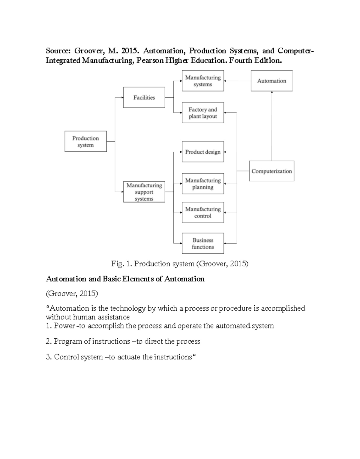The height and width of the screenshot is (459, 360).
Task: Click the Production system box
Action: pos(85,141)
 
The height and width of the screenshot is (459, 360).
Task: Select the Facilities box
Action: pos(144,98)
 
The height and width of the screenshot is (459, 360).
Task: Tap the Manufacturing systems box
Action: pos(203,81)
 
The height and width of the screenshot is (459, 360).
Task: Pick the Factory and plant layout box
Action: pos(203,113)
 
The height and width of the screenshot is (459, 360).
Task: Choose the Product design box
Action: pos(203,152)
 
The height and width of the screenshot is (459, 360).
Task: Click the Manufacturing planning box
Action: pos(203,184)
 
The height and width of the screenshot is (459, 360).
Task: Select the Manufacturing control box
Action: pos(203,213)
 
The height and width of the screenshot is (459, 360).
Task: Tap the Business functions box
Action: pos(203,243)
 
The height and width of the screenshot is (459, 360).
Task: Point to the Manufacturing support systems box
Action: pos(144,192)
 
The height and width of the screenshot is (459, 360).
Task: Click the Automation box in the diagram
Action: pos(271,81)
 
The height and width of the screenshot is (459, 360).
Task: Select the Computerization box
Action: pos(271,171)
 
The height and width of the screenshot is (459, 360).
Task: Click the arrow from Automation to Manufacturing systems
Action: pos(237,81)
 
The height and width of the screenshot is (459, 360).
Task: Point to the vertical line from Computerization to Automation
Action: pos(272,126)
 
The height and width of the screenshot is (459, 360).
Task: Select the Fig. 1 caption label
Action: pos(121,264)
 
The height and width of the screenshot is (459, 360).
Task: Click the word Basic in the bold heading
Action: pos(112,279)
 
